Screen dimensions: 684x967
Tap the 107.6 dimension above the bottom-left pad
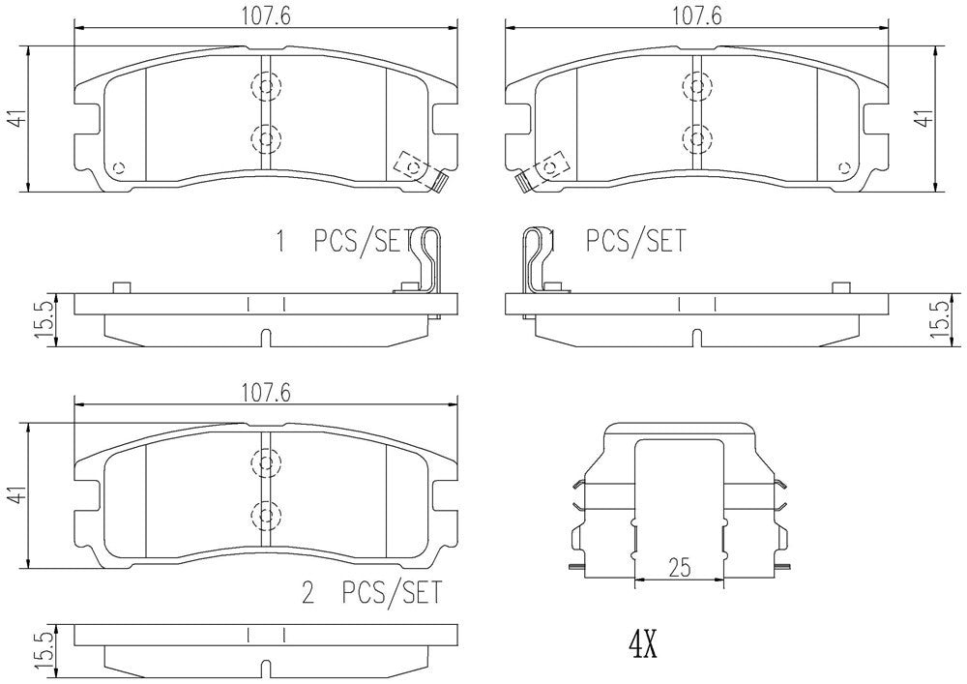266,392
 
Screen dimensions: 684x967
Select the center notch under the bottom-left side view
267,668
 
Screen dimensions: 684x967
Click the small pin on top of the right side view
839,287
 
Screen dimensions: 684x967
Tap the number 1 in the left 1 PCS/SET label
282,240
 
